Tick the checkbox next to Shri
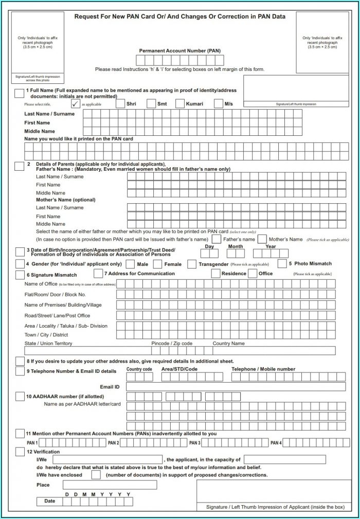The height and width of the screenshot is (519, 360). (120, 103)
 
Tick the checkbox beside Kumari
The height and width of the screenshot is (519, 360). (180, 103)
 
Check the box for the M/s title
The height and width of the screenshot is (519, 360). (219, 103)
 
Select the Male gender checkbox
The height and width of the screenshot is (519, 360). (131, 264)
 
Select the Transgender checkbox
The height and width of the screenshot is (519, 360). (191, 264)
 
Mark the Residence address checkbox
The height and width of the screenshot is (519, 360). (215, 274)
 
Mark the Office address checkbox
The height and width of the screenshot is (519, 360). (253, 274)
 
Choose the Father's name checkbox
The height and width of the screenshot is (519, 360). (217, 239)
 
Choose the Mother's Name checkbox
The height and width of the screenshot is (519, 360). (262, 239)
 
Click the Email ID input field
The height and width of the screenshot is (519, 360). (236, 386)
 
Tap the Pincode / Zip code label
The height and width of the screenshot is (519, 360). (172, 343)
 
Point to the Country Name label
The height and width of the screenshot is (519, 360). (229, 343)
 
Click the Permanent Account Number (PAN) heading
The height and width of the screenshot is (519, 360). (179, 51)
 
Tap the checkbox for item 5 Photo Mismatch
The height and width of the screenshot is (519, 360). (281, 263)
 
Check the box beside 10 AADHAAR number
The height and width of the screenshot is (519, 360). (20, 397)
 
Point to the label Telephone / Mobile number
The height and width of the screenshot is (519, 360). (263, 369)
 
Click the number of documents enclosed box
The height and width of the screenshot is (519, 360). (96, 475)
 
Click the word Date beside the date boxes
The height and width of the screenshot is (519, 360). (50, 500)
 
